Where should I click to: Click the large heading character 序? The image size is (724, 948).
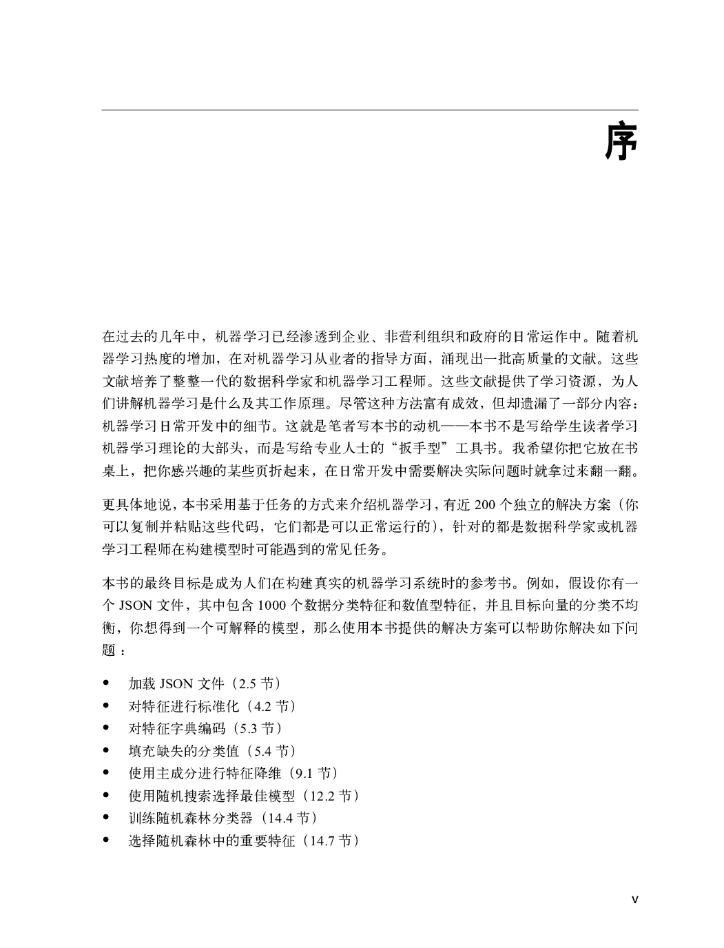pyautogui.click(x=621, y=142)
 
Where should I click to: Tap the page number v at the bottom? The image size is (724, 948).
pyautogui.click(x=635, y=898)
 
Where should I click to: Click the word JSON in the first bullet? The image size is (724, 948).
pyautogui.click(x=176, y=684)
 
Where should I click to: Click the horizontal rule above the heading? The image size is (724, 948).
pyautogui.click(x=370, y=110)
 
